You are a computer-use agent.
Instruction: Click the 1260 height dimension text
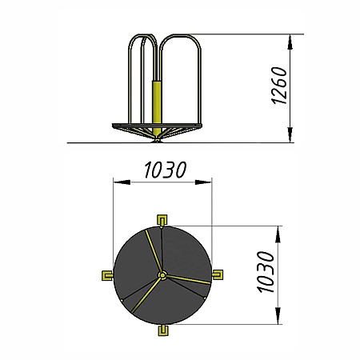279,86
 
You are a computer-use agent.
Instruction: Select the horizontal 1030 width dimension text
166,170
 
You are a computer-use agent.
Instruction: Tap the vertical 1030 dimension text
266,272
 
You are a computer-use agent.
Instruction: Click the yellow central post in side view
157,106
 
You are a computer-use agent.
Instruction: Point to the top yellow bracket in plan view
162,220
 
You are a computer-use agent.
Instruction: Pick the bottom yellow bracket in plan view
163,330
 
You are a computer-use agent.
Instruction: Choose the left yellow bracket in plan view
107,275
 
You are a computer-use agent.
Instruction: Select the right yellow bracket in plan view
218,274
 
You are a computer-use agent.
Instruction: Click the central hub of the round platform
162,275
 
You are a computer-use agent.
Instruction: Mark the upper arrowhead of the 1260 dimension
290,42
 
